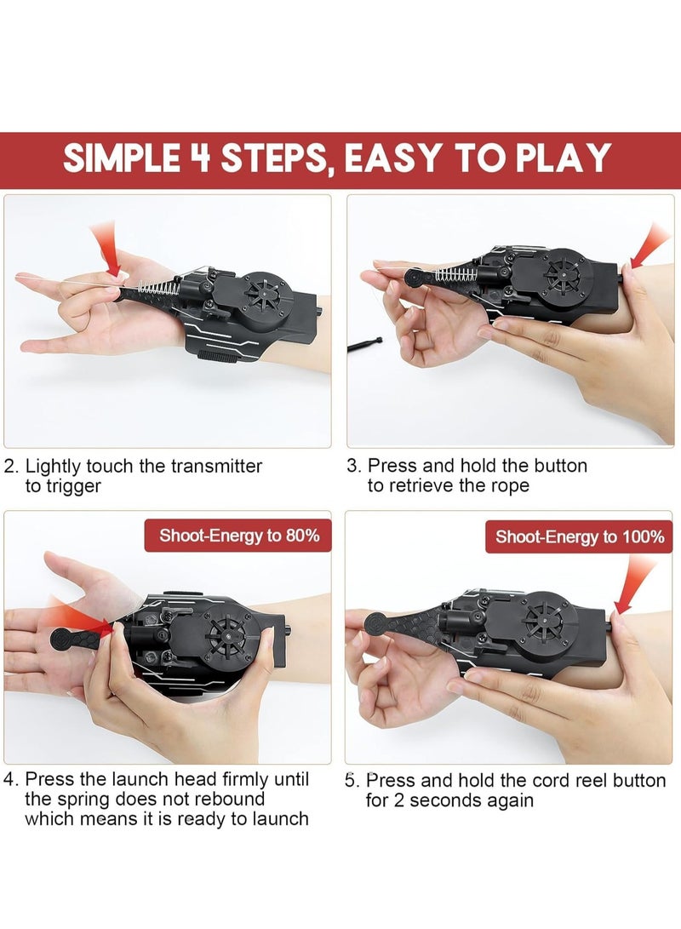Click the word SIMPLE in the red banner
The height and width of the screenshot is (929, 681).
click(x=122, y=158)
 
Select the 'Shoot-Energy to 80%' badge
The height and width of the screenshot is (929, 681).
click(x=238, y=536)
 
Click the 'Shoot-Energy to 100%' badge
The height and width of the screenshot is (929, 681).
click(x=579, y=536)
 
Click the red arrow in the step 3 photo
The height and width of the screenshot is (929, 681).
click(x=649, y=245)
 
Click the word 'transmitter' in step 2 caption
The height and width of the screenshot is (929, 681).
click(x=216, y=467)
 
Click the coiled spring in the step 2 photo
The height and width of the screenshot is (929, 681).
click(x=158, y=287)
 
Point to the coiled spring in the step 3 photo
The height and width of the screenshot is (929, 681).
click(x=456, y=274)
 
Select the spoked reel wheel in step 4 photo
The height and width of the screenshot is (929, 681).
click(x=226, y=636)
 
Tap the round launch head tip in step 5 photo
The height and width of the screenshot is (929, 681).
click(x=377, y=624)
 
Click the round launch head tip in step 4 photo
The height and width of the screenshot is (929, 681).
click(x=61, y=639)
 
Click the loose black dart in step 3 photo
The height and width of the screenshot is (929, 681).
click(x=365, y=344)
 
